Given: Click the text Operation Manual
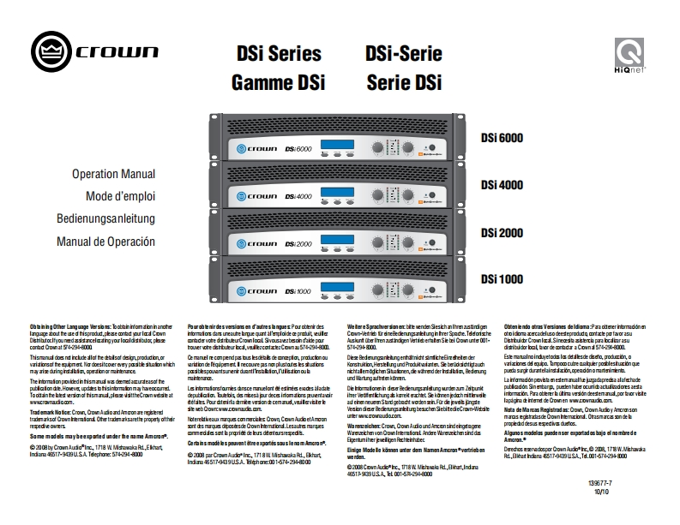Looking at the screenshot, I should [x=113, y=174].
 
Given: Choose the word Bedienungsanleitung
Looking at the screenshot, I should [x=105, y=218].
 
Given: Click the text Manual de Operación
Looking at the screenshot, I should [x=105, y=241].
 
